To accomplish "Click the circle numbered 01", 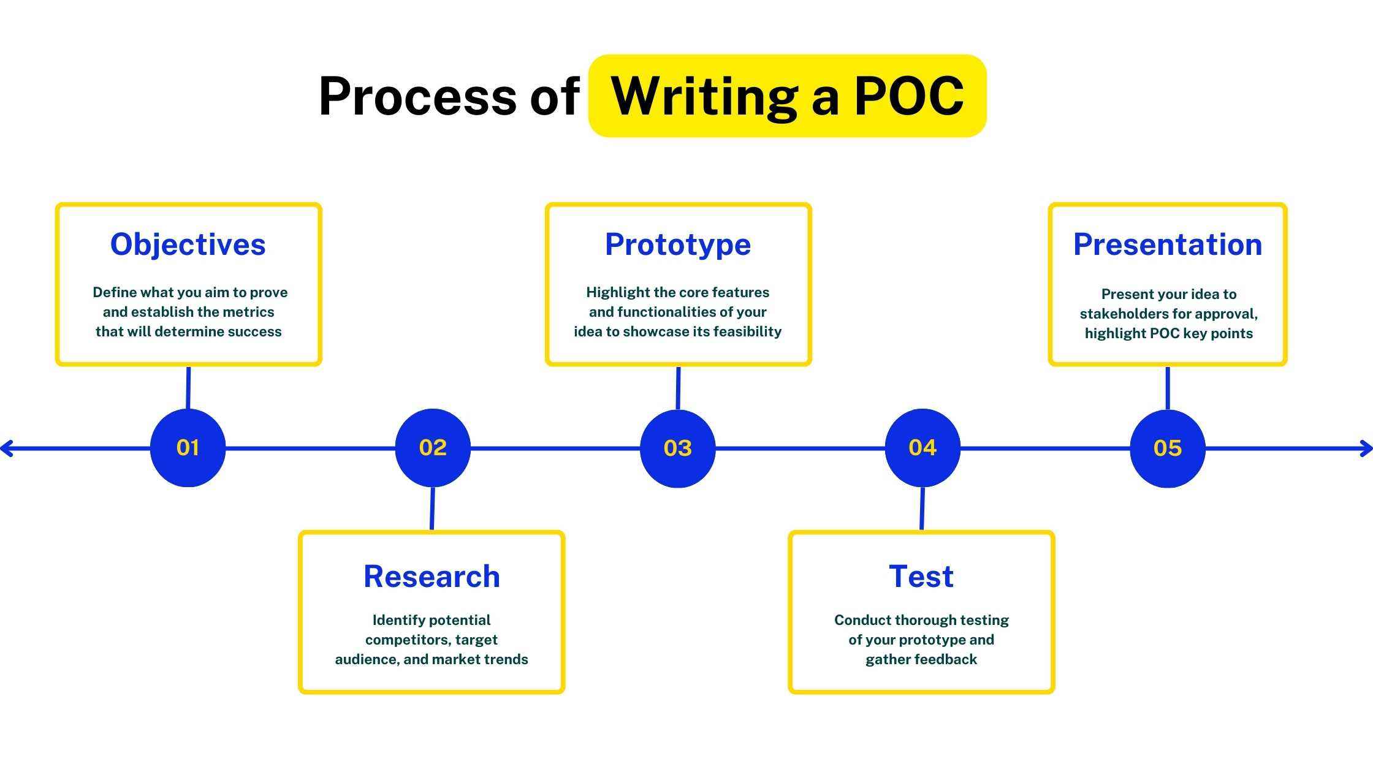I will pyautogui.click(x=188, y=448).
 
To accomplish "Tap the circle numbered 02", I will pyautogui.click(x=433, y=448).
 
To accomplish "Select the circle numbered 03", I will pyautogui.click(x=677, y=448).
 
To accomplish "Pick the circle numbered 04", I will pyautogui.click(x=922, y=448).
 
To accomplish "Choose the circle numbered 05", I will pyautogui.click(x=1167, y=448).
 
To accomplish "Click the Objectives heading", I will pyautogui.click(x=188, y=244).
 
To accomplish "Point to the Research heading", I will pyautogui.click(x=432, y=577).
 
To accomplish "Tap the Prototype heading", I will pyautogui.click(x=677, y=244).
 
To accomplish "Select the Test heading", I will pyautogui.click(x=921, y=577).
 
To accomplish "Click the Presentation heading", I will pyautogui.click(x=1167, y=244).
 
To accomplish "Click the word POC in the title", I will pyautogui.click(x=909, y=96).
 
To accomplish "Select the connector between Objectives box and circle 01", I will pyautogui.click(x=188, y=388).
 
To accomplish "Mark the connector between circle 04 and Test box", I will pyautogui.click(x=922, y=509).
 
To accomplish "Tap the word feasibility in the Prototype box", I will pyautogui.click(x=747, y=331).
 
